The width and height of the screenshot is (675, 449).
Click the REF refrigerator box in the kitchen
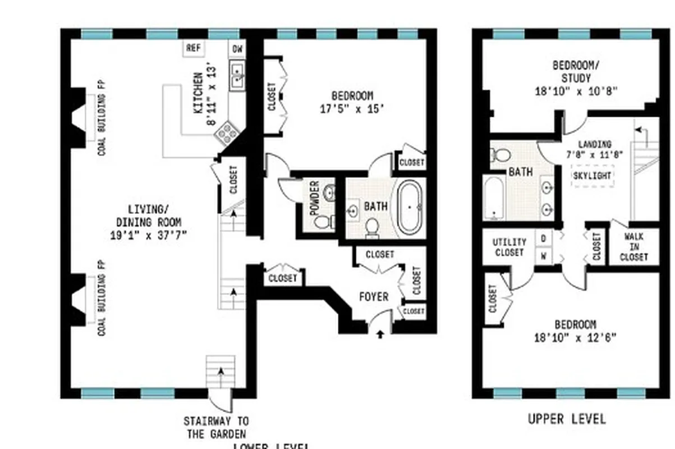194,48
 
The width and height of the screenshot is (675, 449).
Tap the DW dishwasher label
237,49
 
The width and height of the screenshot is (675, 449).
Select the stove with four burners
228,133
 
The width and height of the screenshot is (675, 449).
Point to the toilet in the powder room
322,222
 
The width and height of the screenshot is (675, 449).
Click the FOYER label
373,297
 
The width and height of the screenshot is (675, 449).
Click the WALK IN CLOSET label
634,246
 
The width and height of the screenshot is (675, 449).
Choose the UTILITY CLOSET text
509,247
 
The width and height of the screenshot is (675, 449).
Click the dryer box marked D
543,238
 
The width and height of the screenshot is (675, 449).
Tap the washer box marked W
543,256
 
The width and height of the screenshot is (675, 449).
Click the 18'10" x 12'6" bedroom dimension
575,337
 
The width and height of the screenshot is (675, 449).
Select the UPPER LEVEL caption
567,419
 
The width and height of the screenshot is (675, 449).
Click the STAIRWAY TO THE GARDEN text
216,427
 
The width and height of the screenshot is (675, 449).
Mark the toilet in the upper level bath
501,154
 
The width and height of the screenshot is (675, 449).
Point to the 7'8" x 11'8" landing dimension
587,155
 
